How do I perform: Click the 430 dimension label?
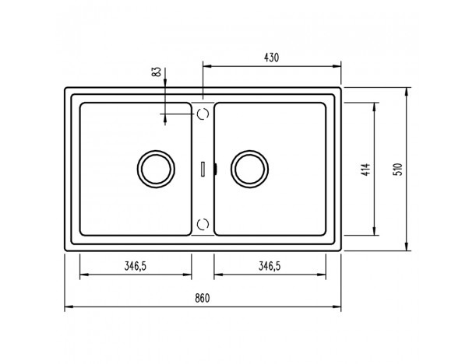[271, 58]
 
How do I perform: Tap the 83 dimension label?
[157, 72]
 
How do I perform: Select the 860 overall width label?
[203, 298]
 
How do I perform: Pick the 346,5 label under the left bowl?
[136, 266]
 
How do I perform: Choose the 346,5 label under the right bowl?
[270, 266]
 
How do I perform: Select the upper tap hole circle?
[198, 114]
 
